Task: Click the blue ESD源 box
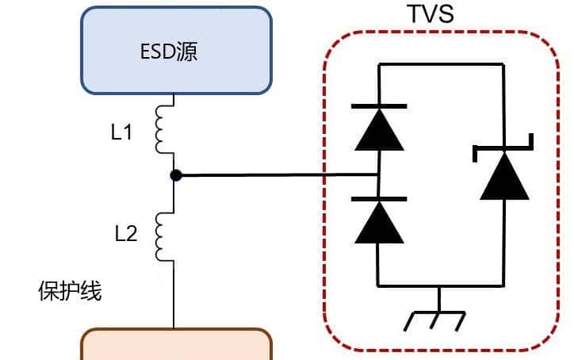(176, 51)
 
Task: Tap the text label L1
(121, 132)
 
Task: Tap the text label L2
(125, 233)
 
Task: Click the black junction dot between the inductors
(175, 175)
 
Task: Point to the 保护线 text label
(70, 291)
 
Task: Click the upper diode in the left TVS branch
(379, 128)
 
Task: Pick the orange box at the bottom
(176, 346)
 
